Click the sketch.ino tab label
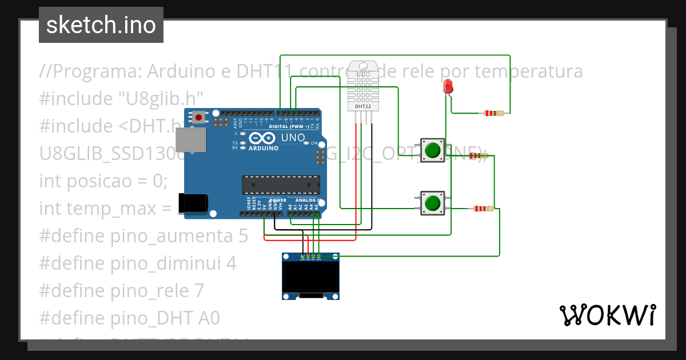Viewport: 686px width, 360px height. tap(101, 25)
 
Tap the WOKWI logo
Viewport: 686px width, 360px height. tap(607, 315)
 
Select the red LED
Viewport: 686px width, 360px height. tap(448, 86)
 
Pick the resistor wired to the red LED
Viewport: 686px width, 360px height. tap(493, 113)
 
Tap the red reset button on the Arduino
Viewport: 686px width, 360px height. tap(198, 117)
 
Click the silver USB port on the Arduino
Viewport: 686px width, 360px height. tap(188, 141)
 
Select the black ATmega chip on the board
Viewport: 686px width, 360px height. tap(280, 185)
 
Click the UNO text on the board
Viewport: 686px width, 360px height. tap(292, 138)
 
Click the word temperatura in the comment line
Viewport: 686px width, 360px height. tap(529, 71)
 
